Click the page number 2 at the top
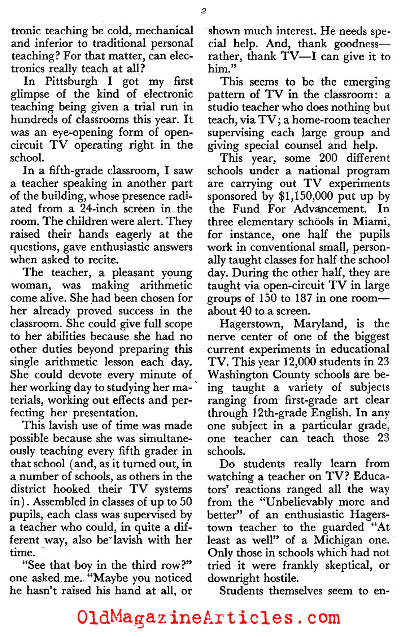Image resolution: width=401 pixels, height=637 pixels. tap(203, 11)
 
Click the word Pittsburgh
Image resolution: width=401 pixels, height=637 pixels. tap(71, 81)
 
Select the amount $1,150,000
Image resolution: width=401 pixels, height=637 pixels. tap(309, 196)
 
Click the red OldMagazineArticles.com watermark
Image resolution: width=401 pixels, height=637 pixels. tap(208, 618)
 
